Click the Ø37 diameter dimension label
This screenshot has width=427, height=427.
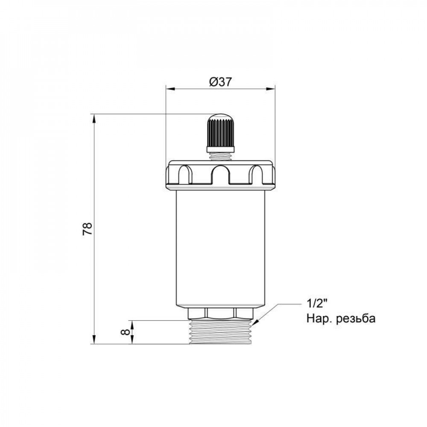click(x=220, y=82)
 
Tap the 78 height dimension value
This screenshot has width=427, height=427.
click(x=87, y=229)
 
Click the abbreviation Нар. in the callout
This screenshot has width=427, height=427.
click(x=319, y=319)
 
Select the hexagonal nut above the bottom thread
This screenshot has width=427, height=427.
click(x=220, y=313)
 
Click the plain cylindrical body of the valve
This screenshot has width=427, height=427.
click(x=220, y=248)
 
